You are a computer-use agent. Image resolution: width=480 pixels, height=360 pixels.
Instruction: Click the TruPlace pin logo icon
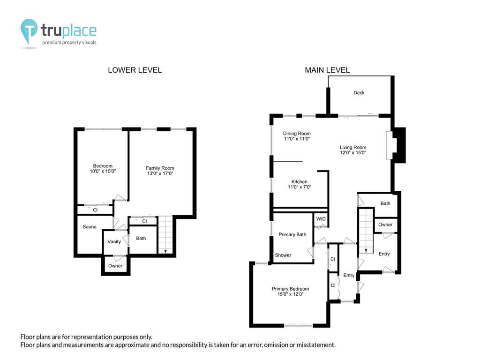pos(29,31)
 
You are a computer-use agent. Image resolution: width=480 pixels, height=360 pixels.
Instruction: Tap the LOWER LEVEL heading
pos(135,70)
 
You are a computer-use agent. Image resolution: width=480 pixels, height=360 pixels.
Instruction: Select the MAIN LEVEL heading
pos(327,70)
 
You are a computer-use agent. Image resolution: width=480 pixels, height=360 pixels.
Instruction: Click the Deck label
pos(359,93)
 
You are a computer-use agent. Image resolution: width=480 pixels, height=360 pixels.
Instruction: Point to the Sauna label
pos(90,227)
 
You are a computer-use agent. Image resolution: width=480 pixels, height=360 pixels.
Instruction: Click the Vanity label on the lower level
pos(114,242)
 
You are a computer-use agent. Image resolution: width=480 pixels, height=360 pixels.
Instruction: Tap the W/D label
pos(321,219)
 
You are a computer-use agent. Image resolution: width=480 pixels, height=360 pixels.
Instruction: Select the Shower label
pos(283,255)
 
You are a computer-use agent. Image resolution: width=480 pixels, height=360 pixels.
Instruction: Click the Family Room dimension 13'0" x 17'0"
pos(160,173)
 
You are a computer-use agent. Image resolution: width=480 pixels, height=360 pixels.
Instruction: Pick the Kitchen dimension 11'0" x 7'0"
pos(300,187)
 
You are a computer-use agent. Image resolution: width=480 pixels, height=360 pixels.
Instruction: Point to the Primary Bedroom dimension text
pos(290,294)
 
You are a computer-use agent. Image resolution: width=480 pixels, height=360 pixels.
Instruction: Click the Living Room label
pos(352,147)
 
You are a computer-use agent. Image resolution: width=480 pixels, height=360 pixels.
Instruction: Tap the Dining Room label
pos(297,134)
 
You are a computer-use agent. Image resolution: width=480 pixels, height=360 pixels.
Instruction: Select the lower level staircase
pos(165,235)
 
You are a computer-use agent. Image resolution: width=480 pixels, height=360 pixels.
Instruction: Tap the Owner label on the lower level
pos(115,266)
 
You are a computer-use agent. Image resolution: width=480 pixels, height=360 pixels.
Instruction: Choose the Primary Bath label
pos(292,234)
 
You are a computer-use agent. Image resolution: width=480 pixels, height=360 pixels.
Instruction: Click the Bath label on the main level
pos(385,203)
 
